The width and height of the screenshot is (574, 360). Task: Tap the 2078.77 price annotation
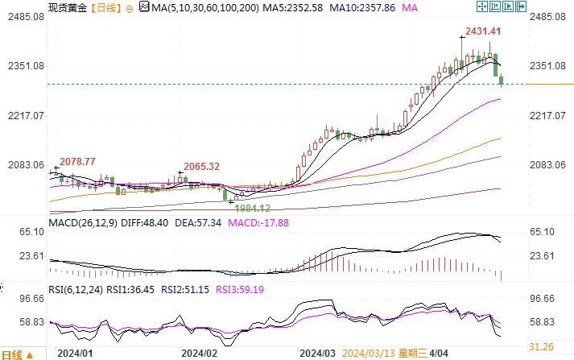[77, 162]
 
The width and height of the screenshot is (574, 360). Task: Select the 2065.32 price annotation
[202, 166]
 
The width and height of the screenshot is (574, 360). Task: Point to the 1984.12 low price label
[253, 209]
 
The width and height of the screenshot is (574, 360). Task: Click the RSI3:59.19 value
[237, 288]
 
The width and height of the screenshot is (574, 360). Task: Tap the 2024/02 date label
[200, 353]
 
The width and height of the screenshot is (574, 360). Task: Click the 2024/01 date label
[74, 353]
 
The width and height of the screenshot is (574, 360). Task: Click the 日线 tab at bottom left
[14, 354]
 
